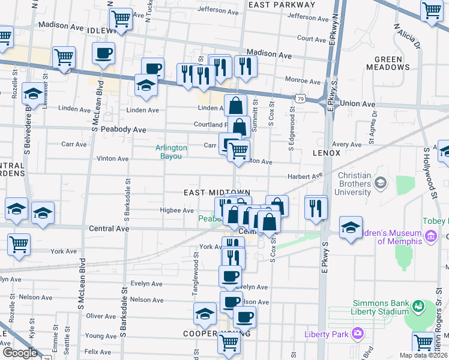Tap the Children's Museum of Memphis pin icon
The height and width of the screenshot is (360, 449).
[x=430, y=238]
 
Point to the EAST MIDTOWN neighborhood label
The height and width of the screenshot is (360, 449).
[x=216, y=192]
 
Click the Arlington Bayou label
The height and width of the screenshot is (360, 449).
[x=171, y=152]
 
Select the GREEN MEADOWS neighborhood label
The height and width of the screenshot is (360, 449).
[x=392, y=63]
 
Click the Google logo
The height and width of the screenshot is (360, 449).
[x=20, y=353]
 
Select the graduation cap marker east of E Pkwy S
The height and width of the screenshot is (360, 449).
[x=350, y=228]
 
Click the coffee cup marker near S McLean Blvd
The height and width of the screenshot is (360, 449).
[x=103, y=53]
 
